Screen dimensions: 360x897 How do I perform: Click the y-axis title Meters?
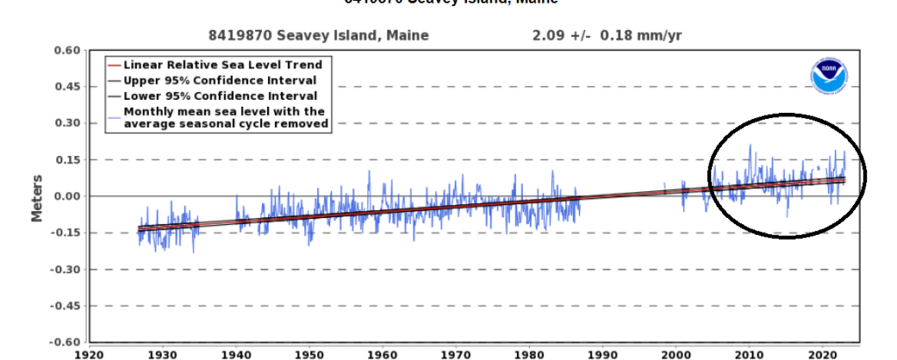point(38,196)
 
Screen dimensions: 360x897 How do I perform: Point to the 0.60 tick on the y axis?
point(67,50)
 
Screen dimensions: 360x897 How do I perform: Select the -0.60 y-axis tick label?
point(66,342)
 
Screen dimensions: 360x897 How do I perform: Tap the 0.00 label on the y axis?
point(67,196)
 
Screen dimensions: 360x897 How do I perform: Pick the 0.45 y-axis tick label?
point(67,87)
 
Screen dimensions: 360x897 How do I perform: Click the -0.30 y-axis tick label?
point(66,269)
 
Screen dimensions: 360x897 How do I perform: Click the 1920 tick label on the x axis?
point(90,355)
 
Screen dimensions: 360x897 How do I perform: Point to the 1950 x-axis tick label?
point(310,355)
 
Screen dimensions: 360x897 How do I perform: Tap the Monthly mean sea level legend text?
point(226,117)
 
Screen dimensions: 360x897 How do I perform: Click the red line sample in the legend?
point(114,65)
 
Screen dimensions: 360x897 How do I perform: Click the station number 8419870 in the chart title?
point(237,35)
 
